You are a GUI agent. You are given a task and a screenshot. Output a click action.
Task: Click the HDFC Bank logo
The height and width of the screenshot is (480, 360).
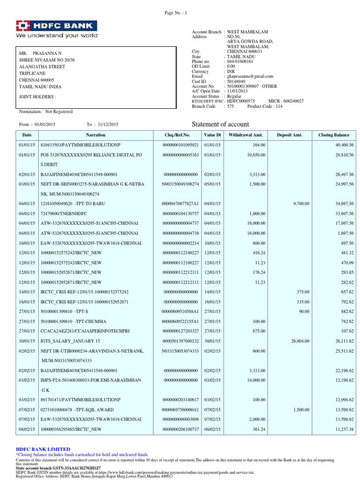[57, 29]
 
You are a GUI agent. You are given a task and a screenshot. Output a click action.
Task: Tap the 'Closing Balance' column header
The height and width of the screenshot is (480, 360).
[334, 135]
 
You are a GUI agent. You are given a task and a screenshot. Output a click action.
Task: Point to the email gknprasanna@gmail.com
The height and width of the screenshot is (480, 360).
[250, 76]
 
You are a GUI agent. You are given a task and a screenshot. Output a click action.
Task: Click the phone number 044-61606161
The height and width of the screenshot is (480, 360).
[240, 61]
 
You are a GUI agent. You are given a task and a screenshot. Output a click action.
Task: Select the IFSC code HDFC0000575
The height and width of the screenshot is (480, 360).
[241, 101]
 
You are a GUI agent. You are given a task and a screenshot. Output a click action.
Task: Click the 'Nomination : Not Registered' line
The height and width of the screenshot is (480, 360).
[45, 112]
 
